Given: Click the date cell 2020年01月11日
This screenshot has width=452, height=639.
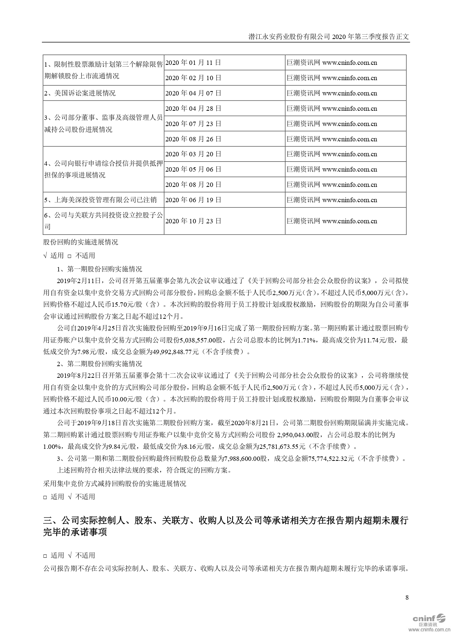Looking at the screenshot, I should pos(193,63).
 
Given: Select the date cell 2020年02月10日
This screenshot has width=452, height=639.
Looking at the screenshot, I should pos(193,78).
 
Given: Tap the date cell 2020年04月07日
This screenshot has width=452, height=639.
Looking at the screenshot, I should pos(193,93).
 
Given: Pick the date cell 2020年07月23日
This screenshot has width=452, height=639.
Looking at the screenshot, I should pos(193,124).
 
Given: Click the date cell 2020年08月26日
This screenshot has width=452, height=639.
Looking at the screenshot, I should pos(193,139).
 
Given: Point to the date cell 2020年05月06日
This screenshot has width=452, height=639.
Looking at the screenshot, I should pos(193,169).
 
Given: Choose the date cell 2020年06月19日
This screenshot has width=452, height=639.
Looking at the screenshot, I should pos(193,200).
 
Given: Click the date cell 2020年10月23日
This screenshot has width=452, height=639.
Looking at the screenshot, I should pos(193,221).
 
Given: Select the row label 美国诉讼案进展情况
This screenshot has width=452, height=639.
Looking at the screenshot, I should pos(80,93).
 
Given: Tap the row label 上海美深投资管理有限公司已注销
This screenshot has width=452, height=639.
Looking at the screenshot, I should pos(100,200).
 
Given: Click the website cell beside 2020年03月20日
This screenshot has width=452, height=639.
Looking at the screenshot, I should pos(331,154).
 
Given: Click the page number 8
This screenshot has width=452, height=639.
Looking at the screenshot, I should pos(407,597).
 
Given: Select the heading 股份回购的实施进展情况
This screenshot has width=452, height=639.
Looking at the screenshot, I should pos(80,242).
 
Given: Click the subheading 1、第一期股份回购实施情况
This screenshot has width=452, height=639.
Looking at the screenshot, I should pos(99,269).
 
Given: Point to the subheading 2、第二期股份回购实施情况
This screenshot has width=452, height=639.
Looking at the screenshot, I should pos(99,364).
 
